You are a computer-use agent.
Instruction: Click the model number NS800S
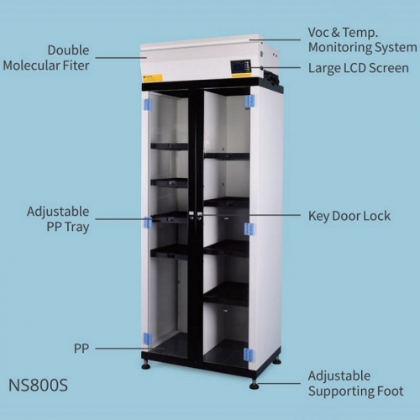pyautogui.click(x=38, y=386)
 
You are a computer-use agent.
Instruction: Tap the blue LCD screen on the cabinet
pyautogui.click(x=239, y=67)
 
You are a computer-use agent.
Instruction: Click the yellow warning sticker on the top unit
pyautogui.click(x=153, y=77)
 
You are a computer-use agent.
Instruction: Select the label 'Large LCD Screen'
pyautogui.click(x=359, y=68)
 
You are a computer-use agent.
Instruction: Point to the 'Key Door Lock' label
pyautogui.click(x=349, y=216)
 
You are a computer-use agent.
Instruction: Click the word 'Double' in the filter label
pyautogui.click(x=68, y=50)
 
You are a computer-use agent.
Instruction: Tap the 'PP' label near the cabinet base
pyautogui.click(x=81, y=349)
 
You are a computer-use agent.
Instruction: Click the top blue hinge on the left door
pyautogui.click(x=148, y=104)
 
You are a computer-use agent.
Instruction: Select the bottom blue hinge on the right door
pyautogui.click(x=248, y=355)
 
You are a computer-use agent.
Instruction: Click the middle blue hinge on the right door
pyautogui.click(x=249, y=229)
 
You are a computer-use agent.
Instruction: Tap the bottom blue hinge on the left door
pyautogui.click(x=147, y=339)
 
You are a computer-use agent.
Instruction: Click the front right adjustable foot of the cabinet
pyautogui.click(x=255, y=385)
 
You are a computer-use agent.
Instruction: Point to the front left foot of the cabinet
pyautogui.click(x=146, y=365)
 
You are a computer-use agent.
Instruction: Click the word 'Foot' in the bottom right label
pyautogui.click(x=391, y=391)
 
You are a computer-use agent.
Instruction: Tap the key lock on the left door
pyautogui.click(x=192, y=216)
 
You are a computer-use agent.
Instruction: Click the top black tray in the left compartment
pyautogui.click(x=170, y=146)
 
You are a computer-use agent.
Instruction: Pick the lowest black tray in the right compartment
pyautogui.click(x=226, y=294)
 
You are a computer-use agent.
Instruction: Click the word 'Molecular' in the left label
pyautogui.click(x=31, y=66)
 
